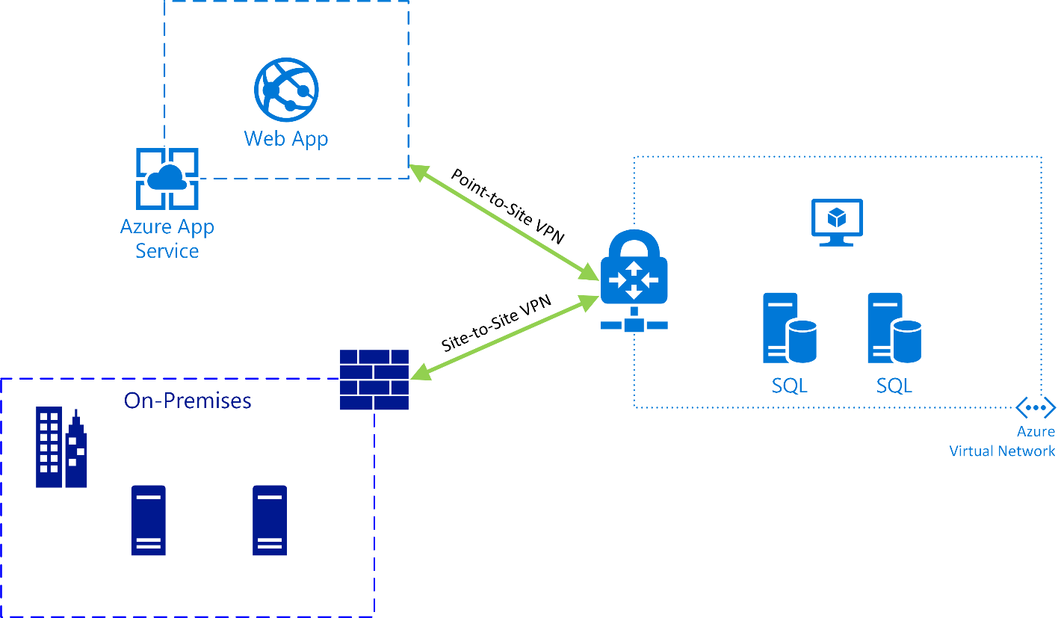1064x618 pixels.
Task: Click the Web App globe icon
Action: [x=286, y=90]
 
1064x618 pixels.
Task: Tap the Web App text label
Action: [x=286, y=138]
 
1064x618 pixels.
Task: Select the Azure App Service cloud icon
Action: [x=167, y=179]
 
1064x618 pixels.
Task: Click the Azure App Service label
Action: [x=167, y=238]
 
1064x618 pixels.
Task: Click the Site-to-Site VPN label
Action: [x=496, y=324]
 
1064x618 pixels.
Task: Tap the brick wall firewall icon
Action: [x=374, y=380]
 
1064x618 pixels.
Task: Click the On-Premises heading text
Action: [x=188, y=401]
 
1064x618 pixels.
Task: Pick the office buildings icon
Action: [x=61, y=448]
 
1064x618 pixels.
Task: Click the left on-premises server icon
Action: [x=149, y=520]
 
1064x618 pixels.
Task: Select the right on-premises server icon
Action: [x=270, y=520]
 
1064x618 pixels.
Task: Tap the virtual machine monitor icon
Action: [x=837, y=222]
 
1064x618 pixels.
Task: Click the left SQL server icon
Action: [x=789, y=328]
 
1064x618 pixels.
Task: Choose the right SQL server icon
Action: [x=894, y=328]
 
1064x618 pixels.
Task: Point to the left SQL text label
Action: [x=789, y=386]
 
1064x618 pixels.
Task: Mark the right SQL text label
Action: [x=894, y=386]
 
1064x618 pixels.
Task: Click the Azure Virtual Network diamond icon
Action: [x=1036, y=408]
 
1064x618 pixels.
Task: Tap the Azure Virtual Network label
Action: [x=1002, y=441]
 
